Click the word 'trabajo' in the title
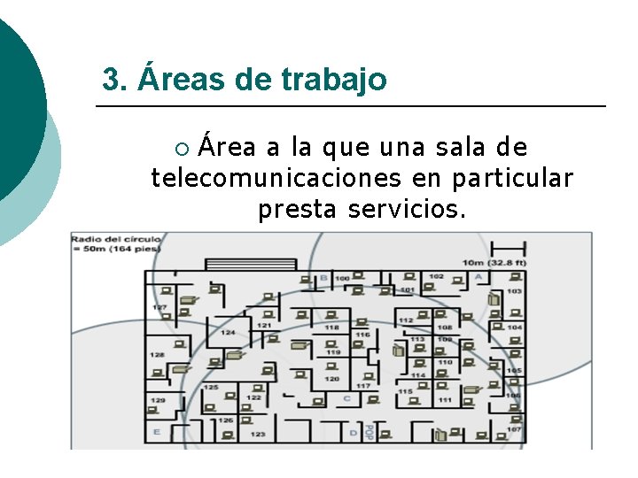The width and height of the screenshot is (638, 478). click(334, 80)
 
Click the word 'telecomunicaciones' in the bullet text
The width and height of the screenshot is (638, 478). click(275, 178)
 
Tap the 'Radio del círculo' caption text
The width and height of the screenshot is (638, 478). click(116, 239)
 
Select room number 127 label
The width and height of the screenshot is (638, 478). click(159, 307)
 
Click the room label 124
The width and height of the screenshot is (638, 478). click(228, 333)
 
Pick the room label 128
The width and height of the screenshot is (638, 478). click(157, 355)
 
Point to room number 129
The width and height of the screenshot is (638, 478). click(157, 401)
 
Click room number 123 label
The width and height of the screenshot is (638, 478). click(257, 435)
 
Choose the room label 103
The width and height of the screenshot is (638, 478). click(514, 291)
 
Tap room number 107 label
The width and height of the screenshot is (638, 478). click(514, 430)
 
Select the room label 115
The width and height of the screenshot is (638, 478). click(405, 391)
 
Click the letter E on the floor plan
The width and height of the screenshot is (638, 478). click(157, 432)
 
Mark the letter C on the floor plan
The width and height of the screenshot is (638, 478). click(346, 398)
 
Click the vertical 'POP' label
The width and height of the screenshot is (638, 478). click(369, 431)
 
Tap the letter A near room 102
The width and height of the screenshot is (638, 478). click(478, 277)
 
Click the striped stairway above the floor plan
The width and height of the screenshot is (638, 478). click(251, 264)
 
